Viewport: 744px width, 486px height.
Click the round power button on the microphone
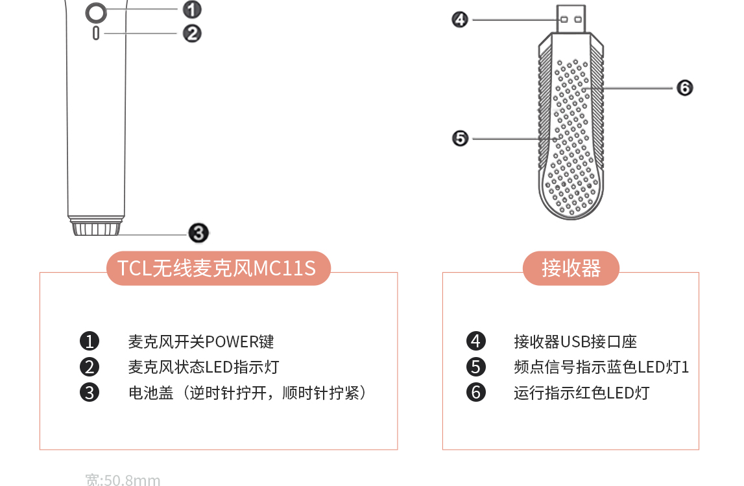95,12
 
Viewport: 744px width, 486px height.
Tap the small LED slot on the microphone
96,33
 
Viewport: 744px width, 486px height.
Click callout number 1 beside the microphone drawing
191,10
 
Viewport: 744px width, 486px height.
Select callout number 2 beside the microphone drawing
191,32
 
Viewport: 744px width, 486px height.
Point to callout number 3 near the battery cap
198,233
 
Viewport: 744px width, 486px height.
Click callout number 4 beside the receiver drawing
460,20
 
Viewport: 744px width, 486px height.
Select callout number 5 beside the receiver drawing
460,138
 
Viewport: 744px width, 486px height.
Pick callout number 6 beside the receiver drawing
684,87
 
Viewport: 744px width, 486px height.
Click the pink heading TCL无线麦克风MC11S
218,268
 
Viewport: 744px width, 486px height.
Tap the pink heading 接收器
571,268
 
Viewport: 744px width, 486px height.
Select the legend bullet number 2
90,367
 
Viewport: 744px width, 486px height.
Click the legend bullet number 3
90,393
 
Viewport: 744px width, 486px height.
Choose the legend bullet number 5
476,367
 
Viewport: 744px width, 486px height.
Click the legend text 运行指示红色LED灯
581,393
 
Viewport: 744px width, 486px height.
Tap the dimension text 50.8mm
132,480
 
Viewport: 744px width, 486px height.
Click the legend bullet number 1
90,341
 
